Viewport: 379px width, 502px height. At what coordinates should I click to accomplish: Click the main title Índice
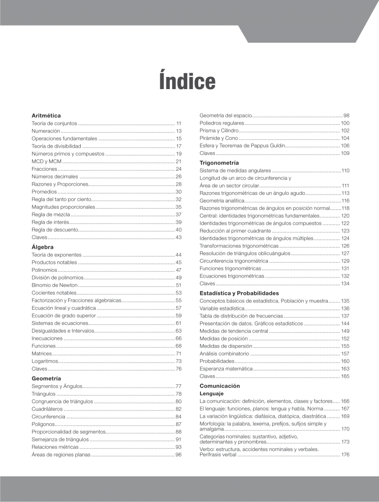187,81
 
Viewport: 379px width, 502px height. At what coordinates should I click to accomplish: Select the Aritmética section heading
46,115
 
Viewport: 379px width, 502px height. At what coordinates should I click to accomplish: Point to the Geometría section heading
46,378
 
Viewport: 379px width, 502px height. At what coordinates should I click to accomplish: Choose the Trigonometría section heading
219,163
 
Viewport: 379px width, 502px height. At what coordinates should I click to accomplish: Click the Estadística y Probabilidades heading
239,293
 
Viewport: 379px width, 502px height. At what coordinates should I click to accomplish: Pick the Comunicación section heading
220,386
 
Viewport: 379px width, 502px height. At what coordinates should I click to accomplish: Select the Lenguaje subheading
211,394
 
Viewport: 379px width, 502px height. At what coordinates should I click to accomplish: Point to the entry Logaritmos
44,361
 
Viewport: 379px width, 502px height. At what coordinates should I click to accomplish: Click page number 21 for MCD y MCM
179,161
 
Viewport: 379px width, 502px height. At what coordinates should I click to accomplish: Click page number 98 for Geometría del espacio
346,115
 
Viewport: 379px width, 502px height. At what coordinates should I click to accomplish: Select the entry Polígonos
43,424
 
